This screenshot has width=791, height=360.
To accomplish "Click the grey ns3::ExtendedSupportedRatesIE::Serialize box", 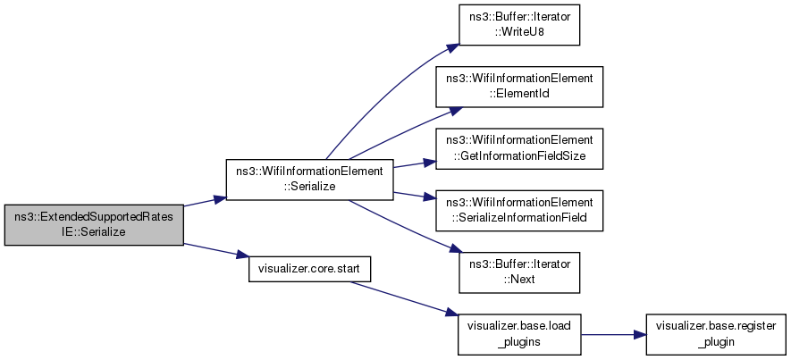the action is [94, 225].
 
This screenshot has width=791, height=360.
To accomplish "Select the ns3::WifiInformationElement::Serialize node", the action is [310, 180].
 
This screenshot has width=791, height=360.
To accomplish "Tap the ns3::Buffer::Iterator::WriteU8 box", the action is [519, 25].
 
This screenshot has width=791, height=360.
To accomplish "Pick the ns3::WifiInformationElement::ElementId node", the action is [519, 87].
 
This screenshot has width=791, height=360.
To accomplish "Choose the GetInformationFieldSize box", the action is [519, 149].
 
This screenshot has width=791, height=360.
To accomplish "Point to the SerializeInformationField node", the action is [519, 211].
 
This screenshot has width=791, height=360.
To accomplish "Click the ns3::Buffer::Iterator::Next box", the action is [519, 272].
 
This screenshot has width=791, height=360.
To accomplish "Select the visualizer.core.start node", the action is [310, 269].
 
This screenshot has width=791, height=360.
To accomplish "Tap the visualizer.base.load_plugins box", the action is [519, 334].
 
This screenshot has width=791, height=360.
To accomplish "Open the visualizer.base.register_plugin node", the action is [716, 334].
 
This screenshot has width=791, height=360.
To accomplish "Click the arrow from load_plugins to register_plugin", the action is [613, 334].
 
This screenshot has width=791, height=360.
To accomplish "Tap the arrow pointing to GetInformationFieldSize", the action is [414, 163].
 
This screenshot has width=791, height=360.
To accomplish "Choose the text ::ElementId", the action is [519, 93].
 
